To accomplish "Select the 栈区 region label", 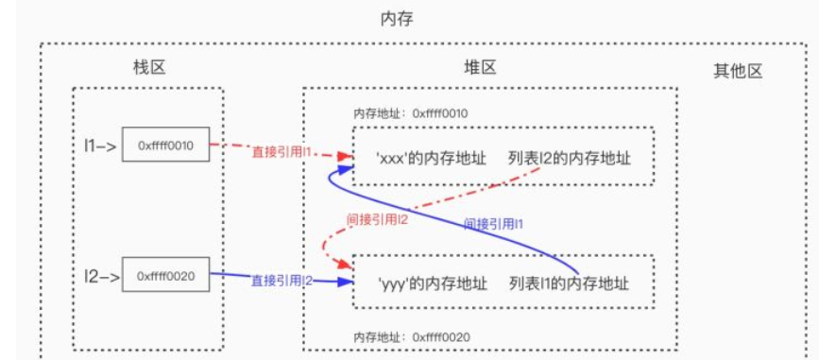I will point(149,68).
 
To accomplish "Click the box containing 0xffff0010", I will point(164,146).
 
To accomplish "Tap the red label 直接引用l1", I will point(282,151).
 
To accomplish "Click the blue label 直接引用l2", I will point(282,281).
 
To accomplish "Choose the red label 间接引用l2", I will point(377,220).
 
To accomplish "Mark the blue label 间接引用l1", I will point(494,225).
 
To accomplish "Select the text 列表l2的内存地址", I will point(569,158).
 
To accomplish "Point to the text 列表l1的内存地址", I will point(569,283).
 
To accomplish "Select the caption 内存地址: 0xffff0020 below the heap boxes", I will point(411,335).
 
